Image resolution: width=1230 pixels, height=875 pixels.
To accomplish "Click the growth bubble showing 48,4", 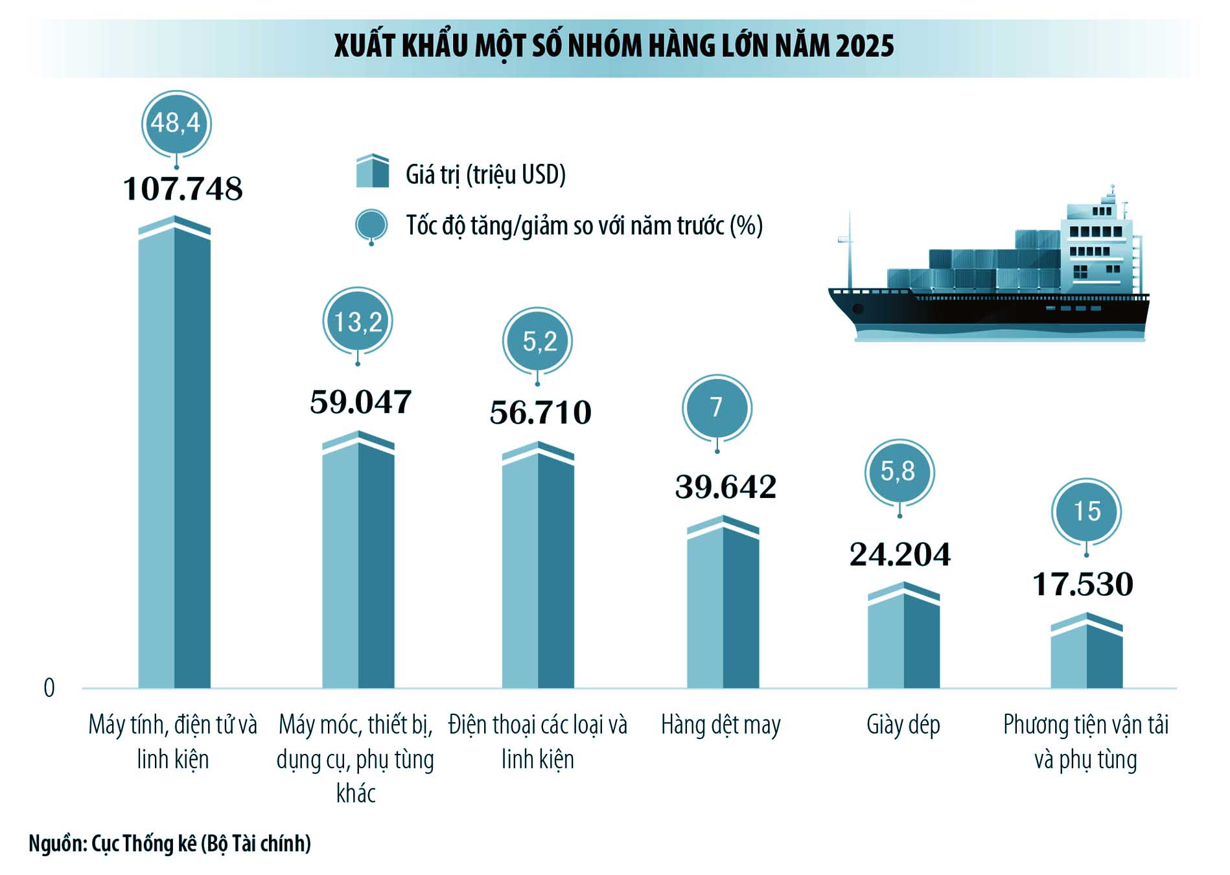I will point(176,123).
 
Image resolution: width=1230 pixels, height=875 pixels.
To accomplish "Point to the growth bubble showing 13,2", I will point(358,321).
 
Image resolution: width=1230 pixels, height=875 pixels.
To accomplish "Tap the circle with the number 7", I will point(717,407).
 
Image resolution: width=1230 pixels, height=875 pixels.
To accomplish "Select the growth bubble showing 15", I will point(1086,512).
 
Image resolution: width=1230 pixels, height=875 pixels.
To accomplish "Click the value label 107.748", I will point(183,189).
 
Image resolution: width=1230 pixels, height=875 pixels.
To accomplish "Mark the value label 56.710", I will point(540,413).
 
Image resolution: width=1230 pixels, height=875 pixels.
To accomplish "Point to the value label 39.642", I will point(726,487).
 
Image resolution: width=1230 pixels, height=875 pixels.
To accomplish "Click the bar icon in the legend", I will point(373,172).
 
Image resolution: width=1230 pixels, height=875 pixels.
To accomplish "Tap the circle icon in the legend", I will point(371,226).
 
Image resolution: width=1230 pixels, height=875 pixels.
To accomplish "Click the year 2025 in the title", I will point(864,46).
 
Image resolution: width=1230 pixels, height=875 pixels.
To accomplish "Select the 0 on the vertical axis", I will point(49,688).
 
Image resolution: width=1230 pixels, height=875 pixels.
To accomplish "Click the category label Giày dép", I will point(903,725).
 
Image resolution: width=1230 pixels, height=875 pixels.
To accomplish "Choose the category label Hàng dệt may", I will point(721,725).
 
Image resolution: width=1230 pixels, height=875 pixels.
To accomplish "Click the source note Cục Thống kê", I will point(144,843).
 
